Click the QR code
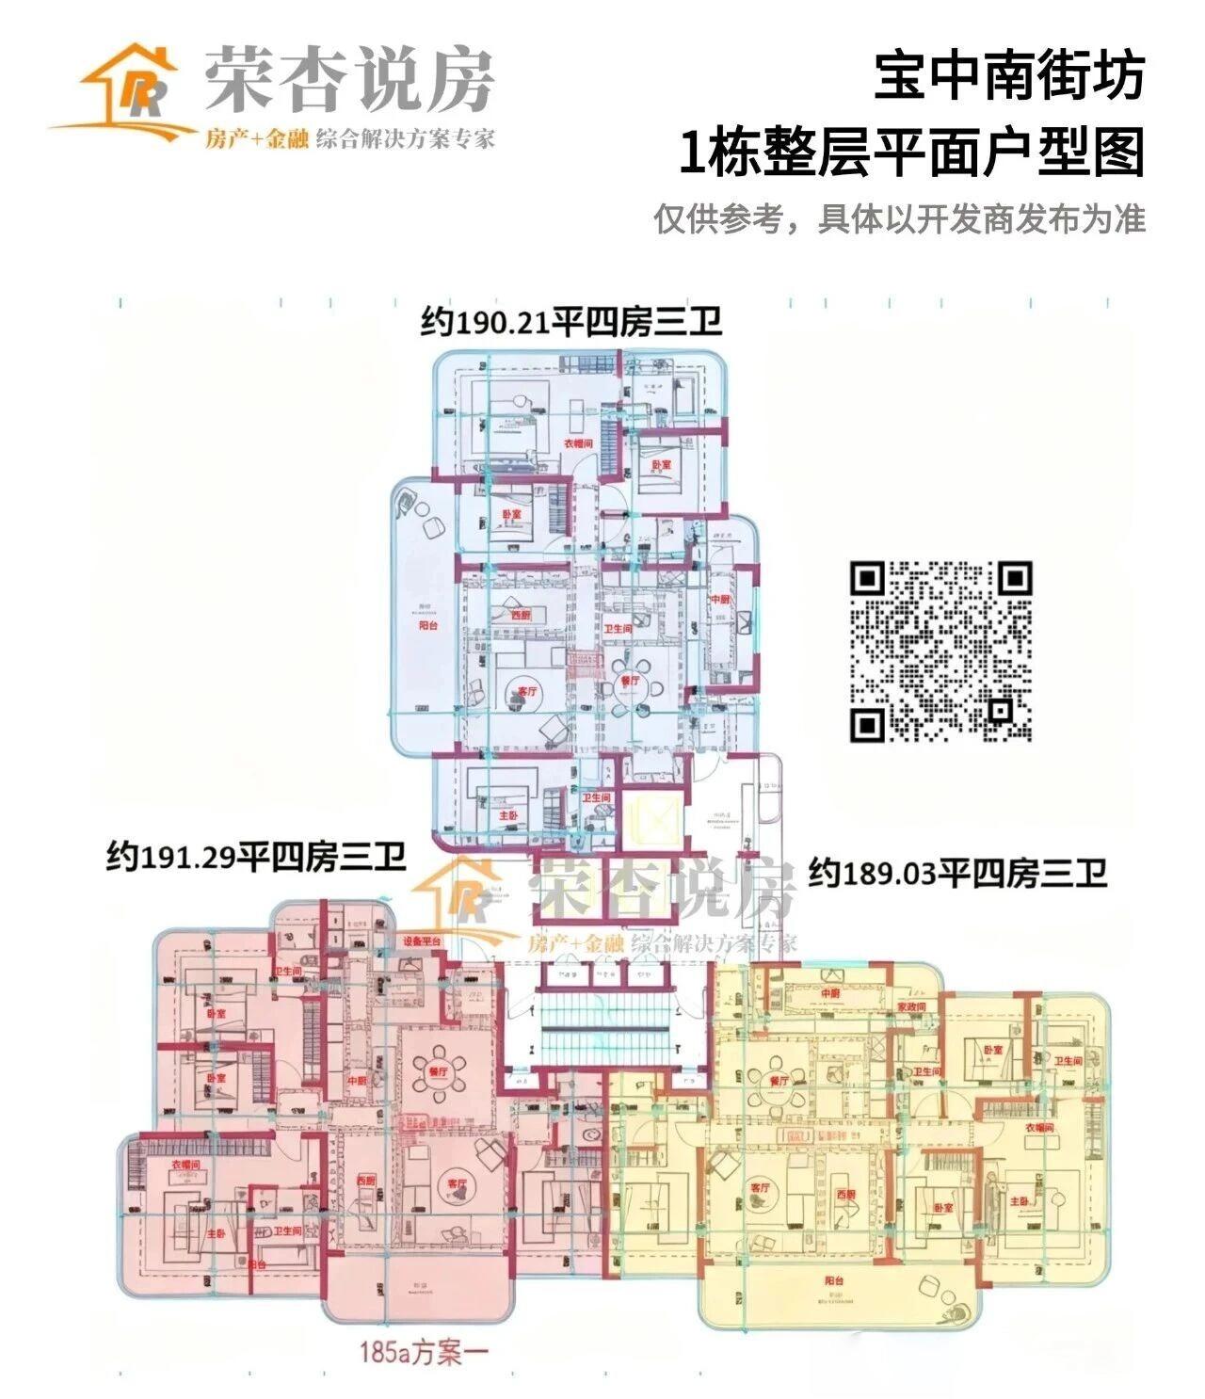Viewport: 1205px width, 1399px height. pos(940,651)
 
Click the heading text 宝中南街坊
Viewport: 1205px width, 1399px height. pos(1008,76)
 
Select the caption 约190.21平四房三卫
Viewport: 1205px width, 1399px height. pos(571,322)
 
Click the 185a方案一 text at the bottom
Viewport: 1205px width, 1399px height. pos(424,1353)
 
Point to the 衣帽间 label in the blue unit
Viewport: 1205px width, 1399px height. pos(577,442)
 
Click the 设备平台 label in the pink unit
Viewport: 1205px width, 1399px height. pos(422,941)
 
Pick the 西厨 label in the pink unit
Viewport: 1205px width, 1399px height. pos(367,1180)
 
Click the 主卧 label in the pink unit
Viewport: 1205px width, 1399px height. pos(216,1233)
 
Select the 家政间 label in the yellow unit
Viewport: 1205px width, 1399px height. pos(911,1006)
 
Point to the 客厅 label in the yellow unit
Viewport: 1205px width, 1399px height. pos(760,1188)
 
